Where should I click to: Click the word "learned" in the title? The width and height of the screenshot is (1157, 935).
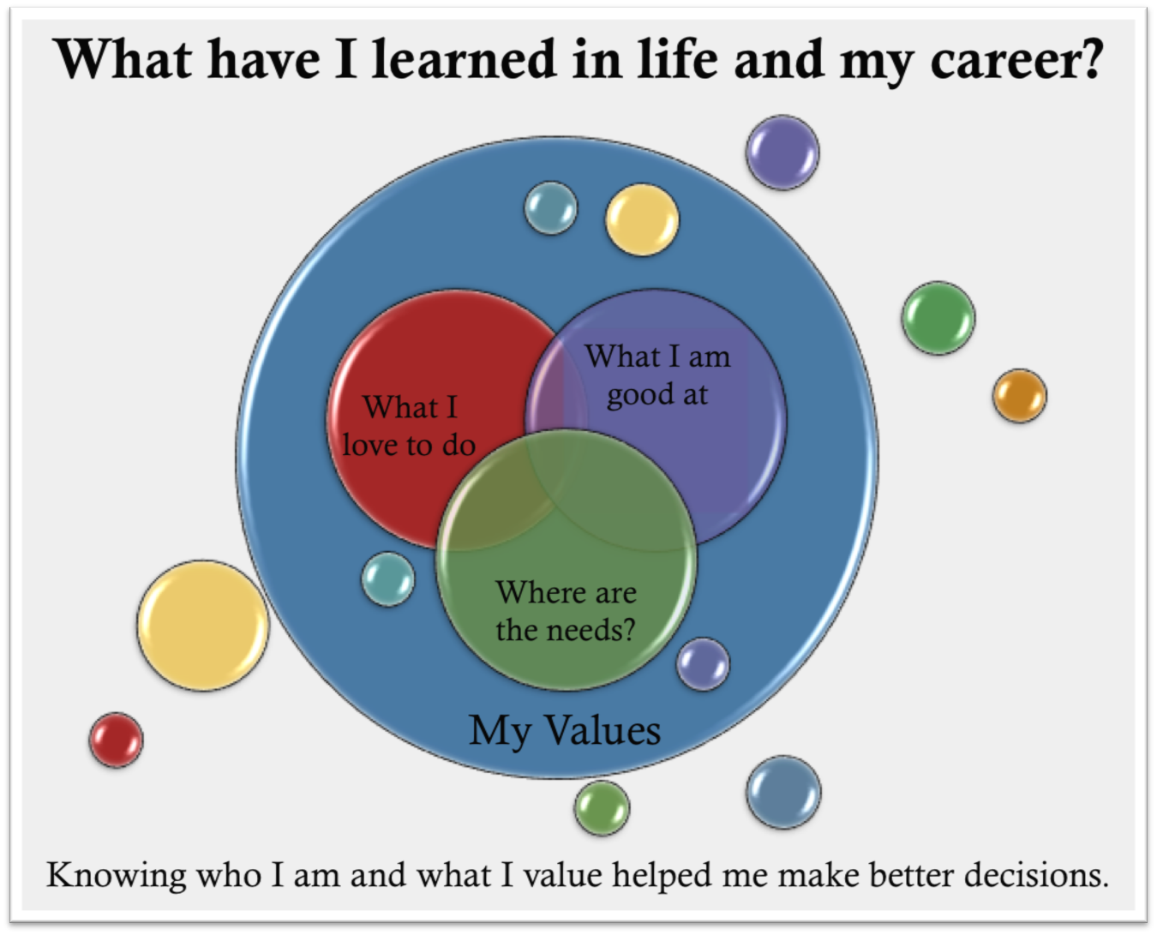[464, 59]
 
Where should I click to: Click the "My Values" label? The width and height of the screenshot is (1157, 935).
[565, 731]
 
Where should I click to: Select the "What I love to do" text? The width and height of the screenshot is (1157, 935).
[409, 426]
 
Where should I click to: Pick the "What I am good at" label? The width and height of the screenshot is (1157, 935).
[657, 375]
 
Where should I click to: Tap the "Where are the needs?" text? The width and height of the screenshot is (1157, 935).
[566, 611]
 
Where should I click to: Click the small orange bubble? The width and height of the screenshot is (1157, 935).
[1020, 396]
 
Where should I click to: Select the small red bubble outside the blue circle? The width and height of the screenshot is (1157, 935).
[117, 740]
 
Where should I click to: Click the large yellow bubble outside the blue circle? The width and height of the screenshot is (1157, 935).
[203, 626]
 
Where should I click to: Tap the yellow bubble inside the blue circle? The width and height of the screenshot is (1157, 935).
[642, 220]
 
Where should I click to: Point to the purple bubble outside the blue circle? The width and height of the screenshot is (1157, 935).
[782, 153]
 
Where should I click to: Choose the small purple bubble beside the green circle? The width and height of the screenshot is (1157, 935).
[703, 664]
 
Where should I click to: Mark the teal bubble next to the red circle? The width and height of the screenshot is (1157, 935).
[388, 578]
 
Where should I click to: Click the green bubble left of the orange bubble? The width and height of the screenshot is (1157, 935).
[938, 318]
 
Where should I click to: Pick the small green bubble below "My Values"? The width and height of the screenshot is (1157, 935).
[602, 808]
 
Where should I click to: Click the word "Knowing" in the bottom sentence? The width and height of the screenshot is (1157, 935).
[117, 875]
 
